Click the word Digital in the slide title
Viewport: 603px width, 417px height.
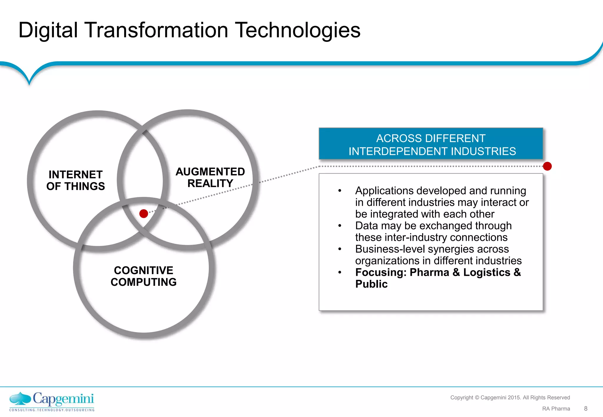click(48, 31)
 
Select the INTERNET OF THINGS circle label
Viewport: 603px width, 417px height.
click(75, 180)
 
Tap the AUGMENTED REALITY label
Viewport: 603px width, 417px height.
click(210, 177)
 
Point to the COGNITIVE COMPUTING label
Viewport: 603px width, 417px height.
click(143, 276)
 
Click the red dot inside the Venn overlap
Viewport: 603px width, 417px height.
click(144, 213)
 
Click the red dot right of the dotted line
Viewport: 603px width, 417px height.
click(547, 166)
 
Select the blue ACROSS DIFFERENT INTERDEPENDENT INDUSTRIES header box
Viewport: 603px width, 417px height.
click(431, 144)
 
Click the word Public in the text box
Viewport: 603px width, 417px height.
click(371, 284)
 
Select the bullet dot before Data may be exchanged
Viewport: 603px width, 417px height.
click(340, 226)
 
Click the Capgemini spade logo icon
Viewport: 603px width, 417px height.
click(20, 399)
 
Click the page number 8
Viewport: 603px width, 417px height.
click(586, 408)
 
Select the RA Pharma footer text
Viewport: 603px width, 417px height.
click(556, 409)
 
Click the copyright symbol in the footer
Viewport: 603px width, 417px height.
click(477, 398)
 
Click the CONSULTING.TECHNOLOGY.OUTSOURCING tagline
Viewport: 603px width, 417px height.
click(52, 410)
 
